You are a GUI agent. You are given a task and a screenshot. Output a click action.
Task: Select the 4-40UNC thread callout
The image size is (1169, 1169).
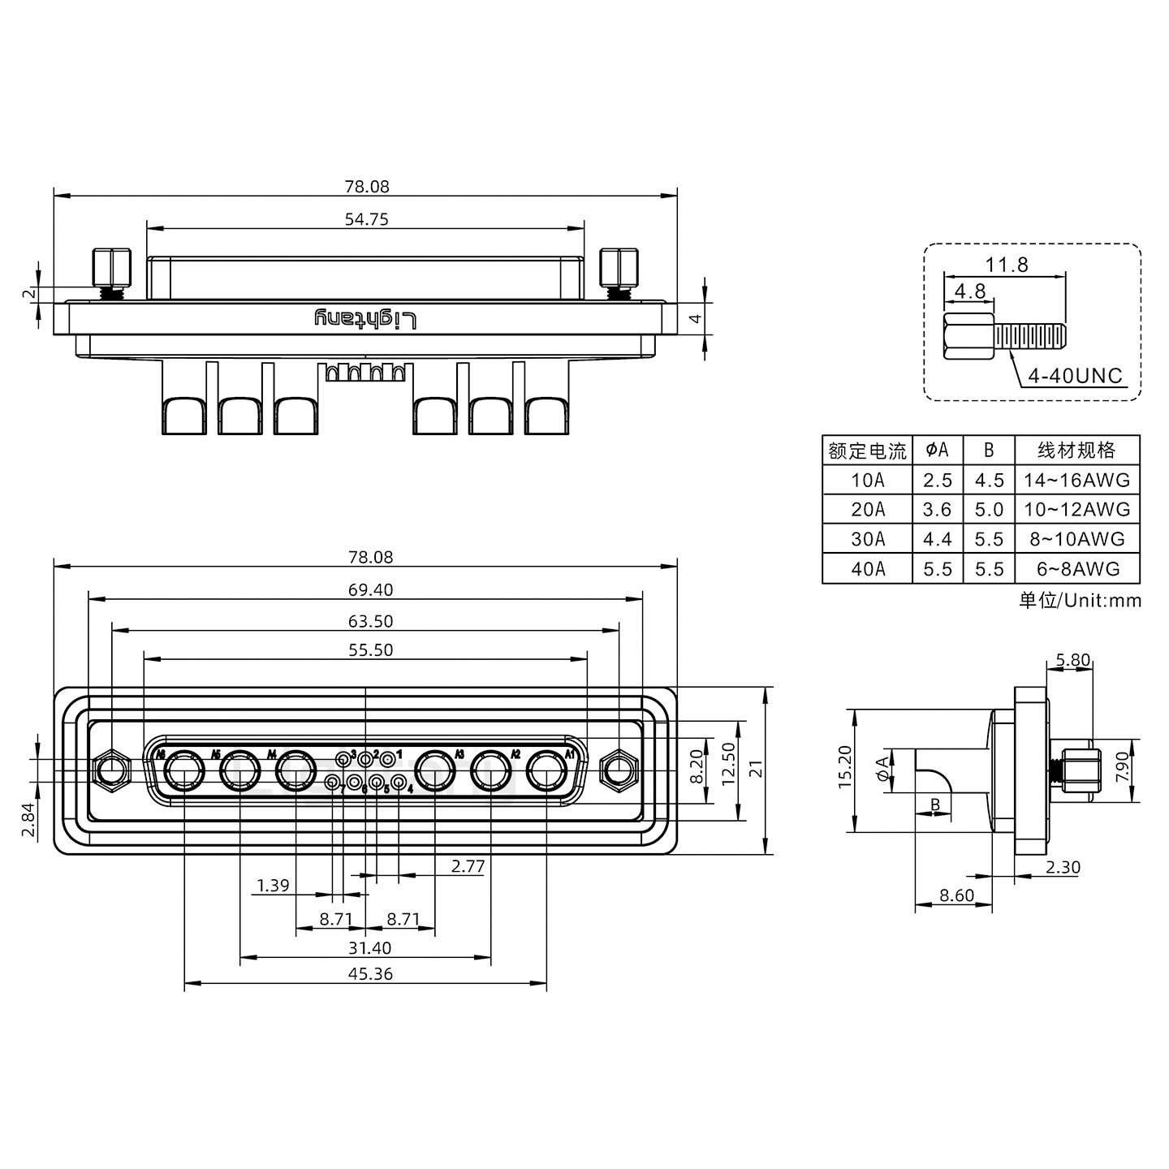1075,376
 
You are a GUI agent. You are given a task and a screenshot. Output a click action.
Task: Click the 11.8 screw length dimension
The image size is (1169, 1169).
1007,265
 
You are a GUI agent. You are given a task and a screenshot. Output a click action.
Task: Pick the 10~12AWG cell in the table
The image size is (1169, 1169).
1076,510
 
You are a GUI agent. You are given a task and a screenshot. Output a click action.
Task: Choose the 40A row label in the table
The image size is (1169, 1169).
867,569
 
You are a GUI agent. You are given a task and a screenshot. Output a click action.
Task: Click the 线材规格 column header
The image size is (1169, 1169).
1076,451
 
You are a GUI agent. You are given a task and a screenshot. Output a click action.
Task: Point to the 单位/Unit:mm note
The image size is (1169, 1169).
1080,601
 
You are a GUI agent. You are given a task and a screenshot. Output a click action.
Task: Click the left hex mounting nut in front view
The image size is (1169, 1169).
113,769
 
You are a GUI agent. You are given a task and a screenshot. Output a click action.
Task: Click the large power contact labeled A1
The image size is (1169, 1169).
546,770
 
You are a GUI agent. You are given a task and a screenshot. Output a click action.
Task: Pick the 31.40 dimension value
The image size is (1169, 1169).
369,948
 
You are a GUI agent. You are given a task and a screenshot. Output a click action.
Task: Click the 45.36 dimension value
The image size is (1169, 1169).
370,973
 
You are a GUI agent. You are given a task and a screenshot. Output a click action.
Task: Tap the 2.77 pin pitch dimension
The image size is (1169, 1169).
468,866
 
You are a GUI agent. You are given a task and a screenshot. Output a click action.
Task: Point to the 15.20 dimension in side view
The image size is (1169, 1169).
845,767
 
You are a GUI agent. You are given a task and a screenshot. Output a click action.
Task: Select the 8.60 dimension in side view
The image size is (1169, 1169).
955,895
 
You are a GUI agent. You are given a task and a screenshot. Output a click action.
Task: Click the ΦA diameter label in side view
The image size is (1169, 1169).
882,768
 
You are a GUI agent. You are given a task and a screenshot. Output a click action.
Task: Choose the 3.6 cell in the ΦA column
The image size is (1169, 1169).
937,510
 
